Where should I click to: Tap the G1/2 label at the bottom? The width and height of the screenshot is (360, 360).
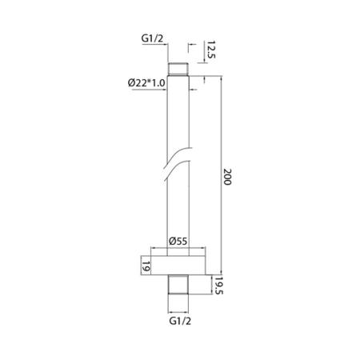(180, 322)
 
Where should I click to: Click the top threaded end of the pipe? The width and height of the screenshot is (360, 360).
(179, 70)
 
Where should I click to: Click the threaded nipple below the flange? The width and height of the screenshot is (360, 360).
(179, 285)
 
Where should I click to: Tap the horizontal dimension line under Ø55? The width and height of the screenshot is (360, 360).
(179, 247)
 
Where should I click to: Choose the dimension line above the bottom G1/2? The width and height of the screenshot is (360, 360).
(179, 310)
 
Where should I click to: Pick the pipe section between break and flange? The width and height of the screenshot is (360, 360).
(179, 208)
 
